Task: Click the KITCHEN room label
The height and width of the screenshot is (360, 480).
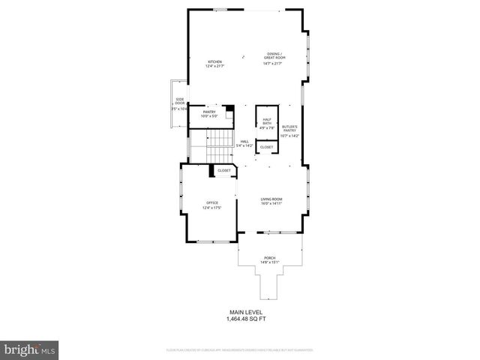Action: [215, 61]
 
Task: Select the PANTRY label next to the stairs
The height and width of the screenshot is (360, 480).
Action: [209, 112]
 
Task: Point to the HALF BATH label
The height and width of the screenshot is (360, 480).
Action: [267, 121]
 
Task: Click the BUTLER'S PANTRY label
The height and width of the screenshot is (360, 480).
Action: [290, 128]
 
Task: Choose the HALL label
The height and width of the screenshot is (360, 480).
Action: [244, 141]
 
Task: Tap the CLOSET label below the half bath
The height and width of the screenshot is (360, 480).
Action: [267, 147]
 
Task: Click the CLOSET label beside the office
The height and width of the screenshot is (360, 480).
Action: [224, 171]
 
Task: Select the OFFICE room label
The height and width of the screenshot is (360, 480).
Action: [212, 202]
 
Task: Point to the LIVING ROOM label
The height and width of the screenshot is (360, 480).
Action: [271, 199]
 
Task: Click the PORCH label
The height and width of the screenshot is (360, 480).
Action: [269, 257]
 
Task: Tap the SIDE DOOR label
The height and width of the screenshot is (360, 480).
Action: [180, 100]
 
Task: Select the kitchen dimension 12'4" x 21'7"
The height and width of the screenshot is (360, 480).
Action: [215, 67]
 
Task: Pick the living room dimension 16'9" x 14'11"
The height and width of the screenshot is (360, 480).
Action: [271, 203]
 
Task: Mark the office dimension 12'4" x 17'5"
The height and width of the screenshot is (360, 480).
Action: [212, 208]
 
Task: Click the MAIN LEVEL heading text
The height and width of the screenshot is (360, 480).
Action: [246, 312]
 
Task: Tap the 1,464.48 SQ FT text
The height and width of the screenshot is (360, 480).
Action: [246, 319]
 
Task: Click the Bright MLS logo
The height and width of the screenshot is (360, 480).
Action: [30, 349]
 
